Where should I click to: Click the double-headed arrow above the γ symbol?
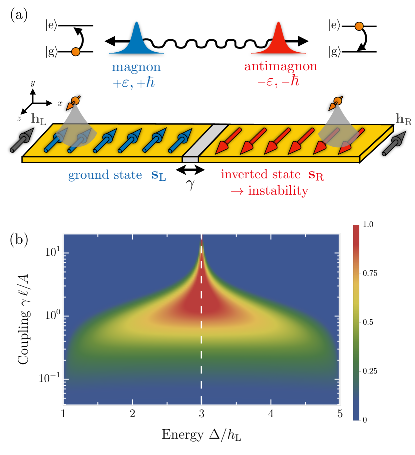(192, 170)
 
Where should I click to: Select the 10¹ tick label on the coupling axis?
(50, 252)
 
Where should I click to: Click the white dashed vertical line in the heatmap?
(201, 350)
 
